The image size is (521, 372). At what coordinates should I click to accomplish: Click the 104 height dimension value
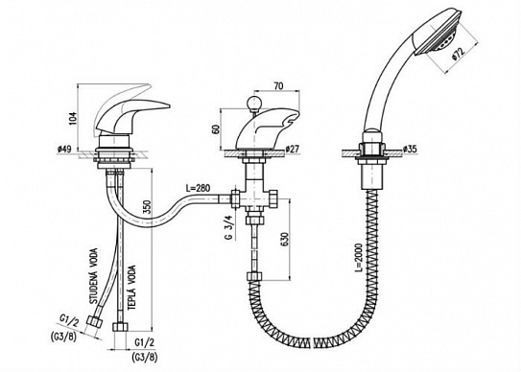73,118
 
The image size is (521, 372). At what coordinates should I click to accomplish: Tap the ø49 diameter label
64,150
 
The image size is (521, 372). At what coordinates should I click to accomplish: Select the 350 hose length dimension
149,208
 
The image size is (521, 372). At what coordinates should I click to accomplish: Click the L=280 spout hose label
198,188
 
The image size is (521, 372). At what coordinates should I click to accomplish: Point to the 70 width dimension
279,86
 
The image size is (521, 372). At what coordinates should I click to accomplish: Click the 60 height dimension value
216,128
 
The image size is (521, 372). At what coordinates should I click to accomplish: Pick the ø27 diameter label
292,150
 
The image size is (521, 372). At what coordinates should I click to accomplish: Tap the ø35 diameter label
410,150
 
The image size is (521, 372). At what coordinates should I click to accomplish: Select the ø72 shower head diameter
459,54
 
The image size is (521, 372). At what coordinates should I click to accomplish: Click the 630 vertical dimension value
285,239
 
